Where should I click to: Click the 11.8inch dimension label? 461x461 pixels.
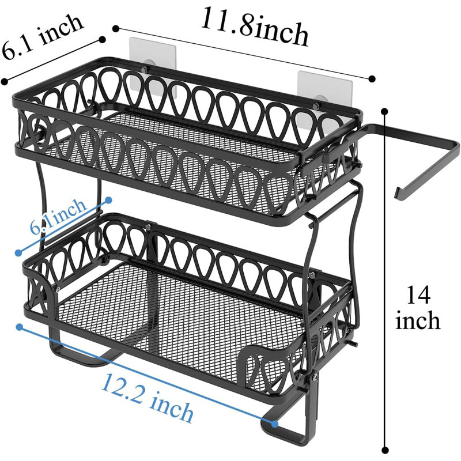255,27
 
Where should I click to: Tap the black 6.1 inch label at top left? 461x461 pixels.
42,36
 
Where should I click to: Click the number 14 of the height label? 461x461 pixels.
418,295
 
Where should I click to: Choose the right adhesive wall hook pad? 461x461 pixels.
324,88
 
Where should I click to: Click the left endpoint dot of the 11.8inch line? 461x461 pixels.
116,28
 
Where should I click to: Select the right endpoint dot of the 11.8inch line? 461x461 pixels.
372,78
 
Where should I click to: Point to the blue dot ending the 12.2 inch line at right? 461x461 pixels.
275,424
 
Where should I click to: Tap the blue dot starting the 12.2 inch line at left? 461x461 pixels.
20,327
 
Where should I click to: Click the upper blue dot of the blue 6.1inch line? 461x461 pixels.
108,200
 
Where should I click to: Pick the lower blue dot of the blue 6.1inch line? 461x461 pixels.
18,252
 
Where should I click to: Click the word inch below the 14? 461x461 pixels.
418,320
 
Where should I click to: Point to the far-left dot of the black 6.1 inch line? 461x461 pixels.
4,81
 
